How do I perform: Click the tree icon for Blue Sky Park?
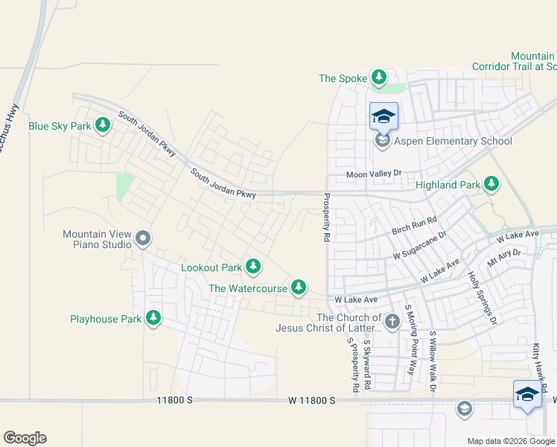(102, 126)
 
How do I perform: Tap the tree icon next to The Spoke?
(379, 77)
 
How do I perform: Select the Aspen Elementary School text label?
(454, 142)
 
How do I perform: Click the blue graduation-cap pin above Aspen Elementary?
(383, 116)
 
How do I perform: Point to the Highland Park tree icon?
(491, 183)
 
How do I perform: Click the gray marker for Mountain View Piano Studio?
(144, 239)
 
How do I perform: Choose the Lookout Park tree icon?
(253, 266)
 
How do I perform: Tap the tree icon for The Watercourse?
(299, 287)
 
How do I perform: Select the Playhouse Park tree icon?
(153, 318)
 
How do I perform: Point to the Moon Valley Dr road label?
(374, 174)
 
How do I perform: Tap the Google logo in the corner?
(25, 438)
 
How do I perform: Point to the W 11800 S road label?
(312, 401)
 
